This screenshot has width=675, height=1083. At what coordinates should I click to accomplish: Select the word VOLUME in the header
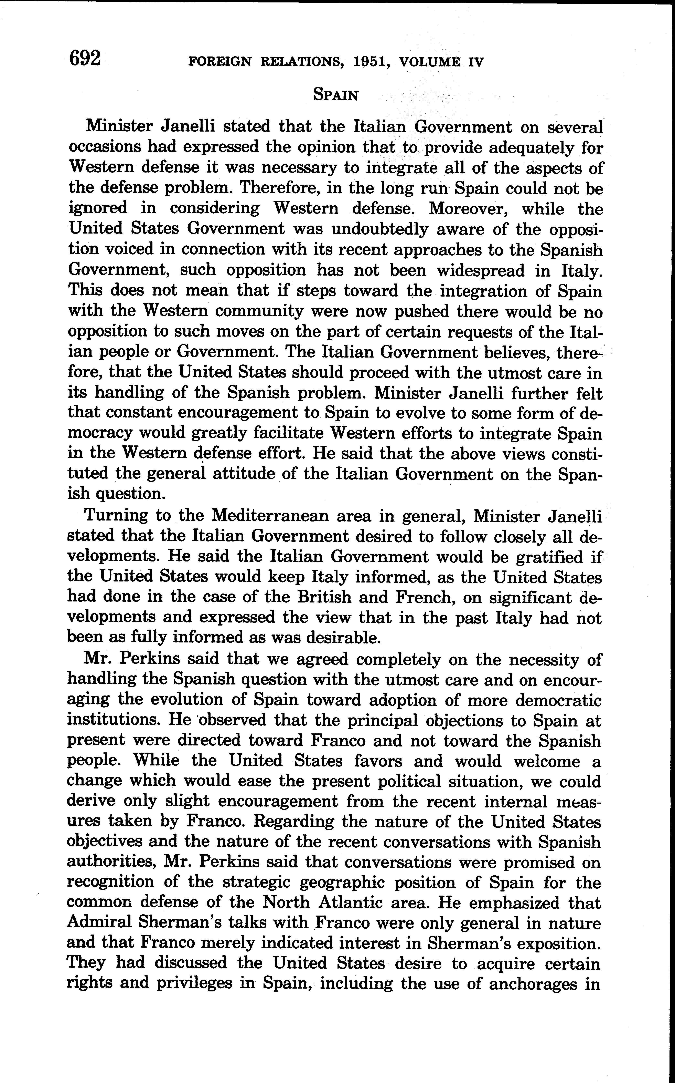tap(429, 62)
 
